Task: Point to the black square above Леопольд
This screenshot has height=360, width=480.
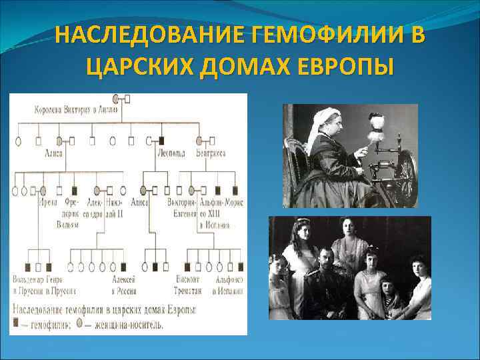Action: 163,141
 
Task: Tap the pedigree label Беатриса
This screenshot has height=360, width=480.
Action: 211,153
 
